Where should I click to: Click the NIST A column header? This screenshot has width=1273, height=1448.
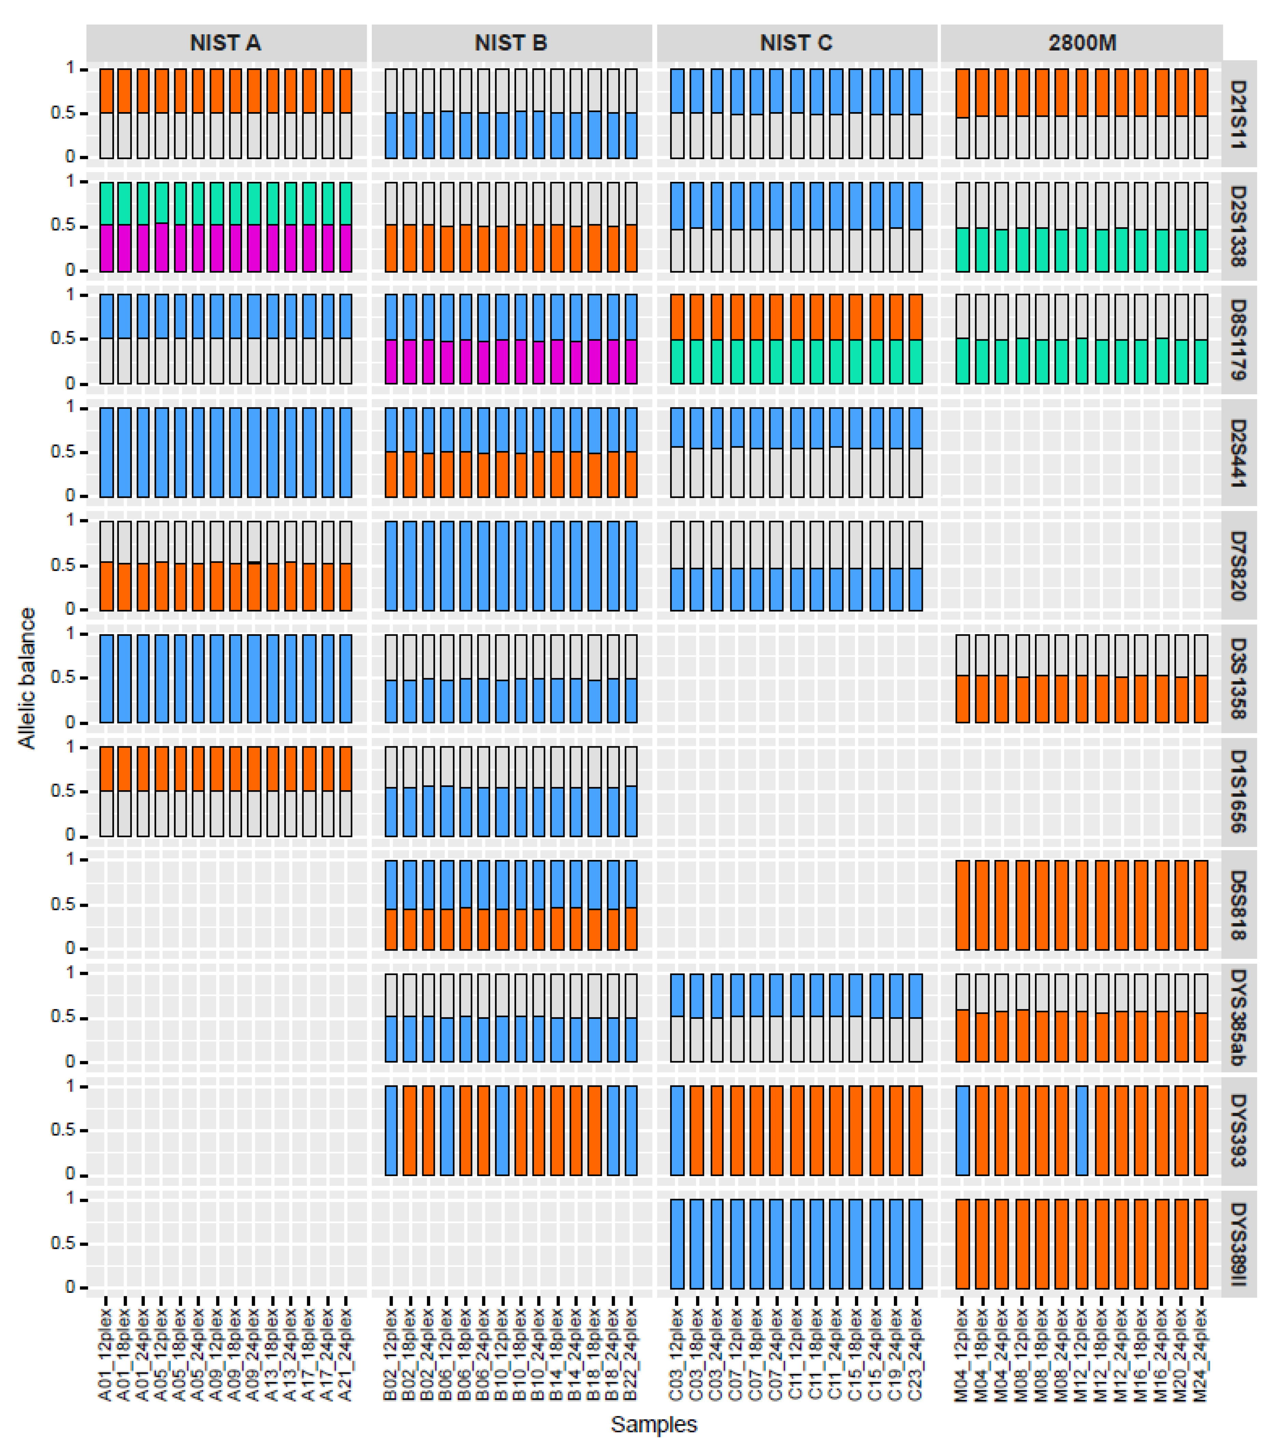click(226, 43)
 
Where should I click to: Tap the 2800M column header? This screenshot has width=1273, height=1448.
click(1081, 43)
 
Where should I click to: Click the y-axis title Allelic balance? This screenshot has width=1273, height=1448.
click(27, 678)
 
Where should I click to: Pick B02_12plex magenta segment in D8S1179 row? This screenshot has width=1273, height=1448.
click(391, 362)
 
